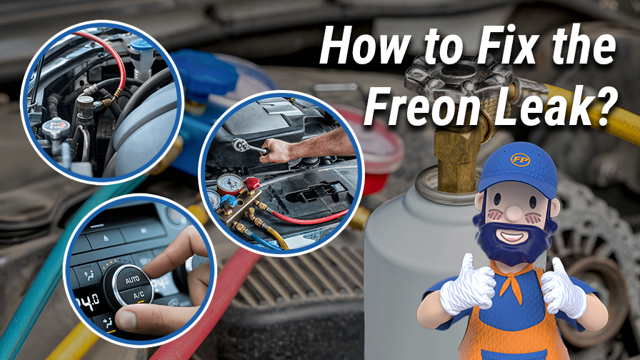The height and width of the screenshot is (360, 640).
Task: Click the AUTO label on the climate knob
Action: pyautogui.click(x=133, y=281)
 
